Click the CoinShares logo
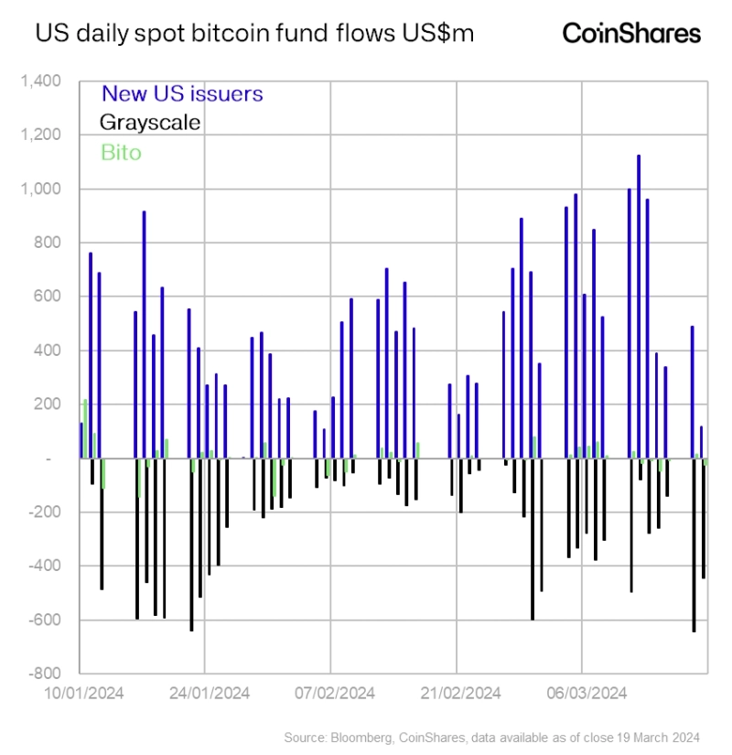631,34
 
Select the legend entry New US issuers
182,93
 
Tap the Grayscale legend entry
150,123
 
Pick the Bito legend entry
121,152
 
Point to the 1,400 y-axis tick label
41,82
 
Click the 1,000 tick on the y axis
41,189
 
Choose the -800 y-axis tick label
45,674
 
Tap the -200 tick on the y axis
45,512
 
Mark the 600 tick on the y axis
48,297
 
